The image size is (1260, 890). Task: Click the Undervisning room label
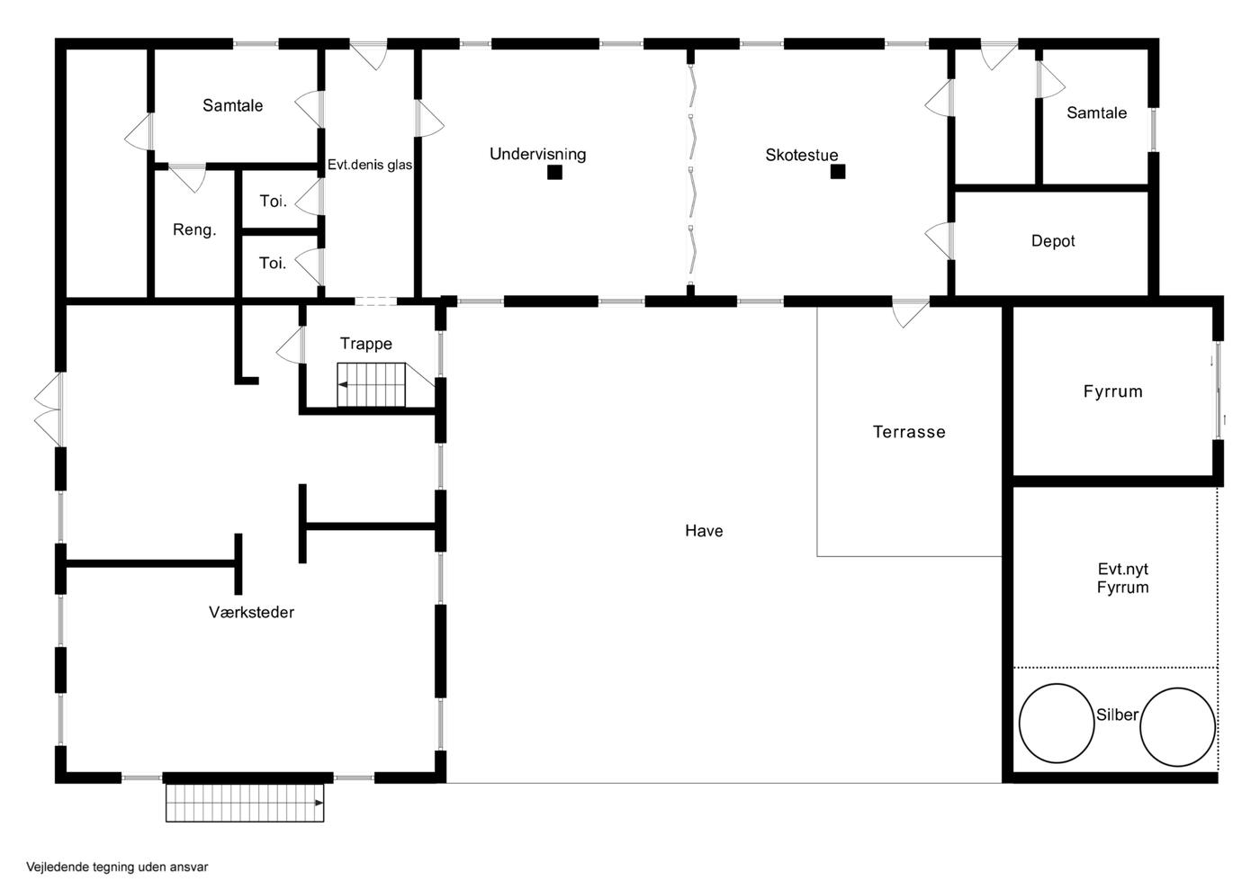[x=538, y=154]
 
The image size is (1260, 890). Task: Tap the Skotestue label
[x=802, y=156]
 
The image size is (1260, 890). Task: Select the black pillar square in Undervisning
[x=554, y=172]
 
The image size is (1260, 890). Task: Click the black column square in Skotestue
[x=838, y=172]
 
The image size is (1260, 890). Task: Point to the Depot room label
[x=1053, y=241]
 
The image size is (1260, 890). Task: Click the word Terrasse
[x=909, y=432]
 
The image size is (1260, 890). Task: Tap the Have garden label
[x=704, y=531]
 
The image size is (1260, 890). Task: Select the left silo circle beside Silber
[x=1057, y=723]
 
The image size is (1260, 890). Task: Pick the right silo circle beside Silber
[x=1177, y=726]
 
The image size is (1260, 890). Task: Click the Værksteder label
[x=251, y=612]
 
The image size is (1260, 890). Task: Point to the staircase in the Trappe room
[x=371, y=385]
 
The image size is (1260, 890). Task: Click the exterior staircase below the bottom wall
[x=245, y=803]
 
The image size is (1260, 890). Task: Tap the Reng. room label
[x=194, y=229]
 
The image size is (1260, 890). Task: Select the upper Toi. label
[x=273, y=201]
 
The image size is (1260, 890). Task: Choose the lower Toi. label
[x=273, y=263]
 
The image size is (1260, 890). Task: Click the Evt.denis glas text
[x=370, y=165]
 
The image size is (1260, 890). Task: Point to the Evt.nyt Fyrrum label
[x=1123, y=579]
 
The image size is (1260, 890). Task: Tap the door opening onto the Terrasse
[x=910, y=314]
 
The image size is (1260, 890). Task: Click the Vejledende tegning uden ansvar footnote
[x=117, y=867]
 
